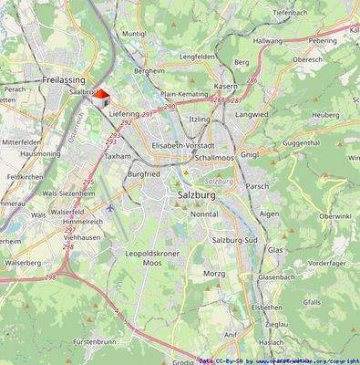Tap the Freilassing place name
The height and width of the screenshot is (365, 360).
[x=63, y=79]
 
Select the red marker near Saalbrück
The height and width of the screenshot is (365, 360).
[x=103, y=93]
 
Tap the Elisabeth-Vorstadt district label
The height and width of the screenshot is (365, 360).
[x=183, y=145]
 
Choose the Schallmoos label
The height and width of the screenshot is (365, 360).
[x=214, y=157]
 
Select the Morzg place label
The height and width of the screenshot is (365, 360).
[x=214, y=273]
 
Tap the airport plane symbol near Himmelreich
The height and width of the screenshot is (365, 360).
[x=111, y=206]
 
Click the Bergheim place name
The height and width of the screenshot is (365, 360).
[x=149, y=69]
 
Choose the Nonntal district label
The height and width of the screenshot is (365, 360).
[x=204, y=214]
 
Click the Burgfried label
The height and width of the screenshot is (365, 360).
[x=143, y=173]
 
